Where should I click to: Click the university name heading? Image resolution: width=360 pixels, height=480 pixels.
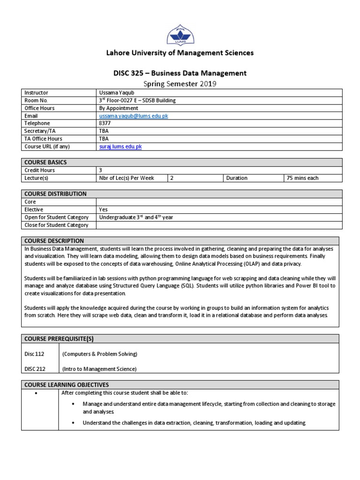click(180, 53)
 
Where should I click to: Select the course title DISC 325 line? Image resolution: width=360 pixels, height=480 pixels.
click(180, 73)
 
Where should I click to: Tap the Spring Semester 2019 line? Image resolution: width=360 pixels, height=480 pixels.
click(180, 84)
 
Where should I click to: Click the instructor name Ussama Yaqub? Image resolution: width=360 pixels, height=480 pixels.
click(115, 93)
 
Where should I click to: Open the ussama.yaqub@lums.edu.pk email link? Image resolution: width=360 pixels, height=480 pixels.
click(134, 116)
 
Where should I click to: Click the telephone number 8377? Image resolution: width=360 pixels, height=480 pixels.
click(105, 123)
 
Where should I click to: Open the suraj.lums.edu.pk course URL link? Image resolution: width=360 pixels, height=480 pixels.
click(120, 146)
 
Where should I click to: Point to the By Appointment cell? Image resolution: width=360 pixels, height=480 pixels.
click(119, 108)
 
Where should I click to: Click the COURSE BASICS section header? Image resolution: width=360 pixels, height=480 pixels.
click(45, 162)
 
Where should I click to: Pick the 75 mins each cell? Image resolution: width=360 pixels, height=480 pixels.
click(302, 178)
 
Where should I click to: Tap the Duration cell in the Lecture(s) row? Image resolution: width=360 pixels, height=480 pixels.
click(237, 178)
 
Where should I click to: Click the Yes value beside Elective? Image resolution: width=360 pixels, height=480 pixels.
click(104, 210)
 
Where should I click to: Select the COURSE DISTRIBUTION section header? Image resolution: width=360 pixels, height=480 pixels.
click(55, 194)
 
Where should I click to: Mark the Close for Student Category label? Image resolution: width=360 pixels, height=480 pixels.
click(56, 225)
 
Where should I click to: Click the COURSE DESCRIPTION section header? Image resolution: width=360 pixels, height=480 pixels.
click(54, 240)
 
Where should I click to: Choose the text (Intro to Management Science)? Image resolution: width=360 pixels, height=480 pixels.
click(99, 369)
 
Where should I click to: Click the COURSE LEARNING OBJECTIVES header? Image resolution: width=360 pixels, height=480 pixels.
click(67, 384)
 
